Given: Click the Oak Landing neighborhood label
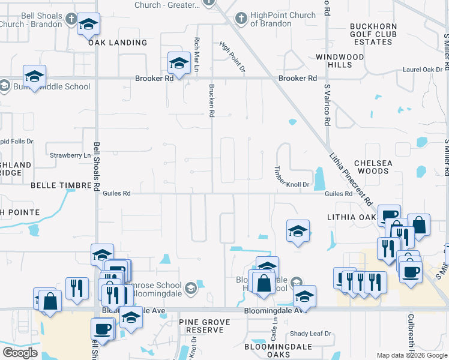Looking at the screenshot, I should (118, 43).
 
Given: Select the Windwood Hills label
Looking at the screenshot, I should (340, 61).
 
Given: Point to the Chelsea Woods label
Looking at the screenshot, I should (372, 167).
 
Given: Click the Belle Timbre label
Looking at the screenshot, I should (59, 186).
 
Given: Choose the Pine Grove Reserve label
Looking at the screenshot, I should (205, 326).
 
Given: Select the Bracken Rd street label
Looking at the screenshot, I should (211, 100).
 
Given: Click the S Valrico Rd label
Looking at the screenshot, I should (327, 104).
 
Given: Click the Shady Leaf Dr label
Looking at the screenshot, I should (310, 334).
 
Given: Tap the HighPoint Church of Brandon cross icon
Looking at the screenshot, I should (241, 19).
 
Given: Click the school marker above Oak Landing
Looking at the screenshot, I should (88, 24).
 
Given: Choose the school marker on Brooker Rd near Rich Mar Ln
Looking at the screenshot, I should (178, 62).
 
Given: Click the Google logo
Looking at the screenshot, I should (20, 353).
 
